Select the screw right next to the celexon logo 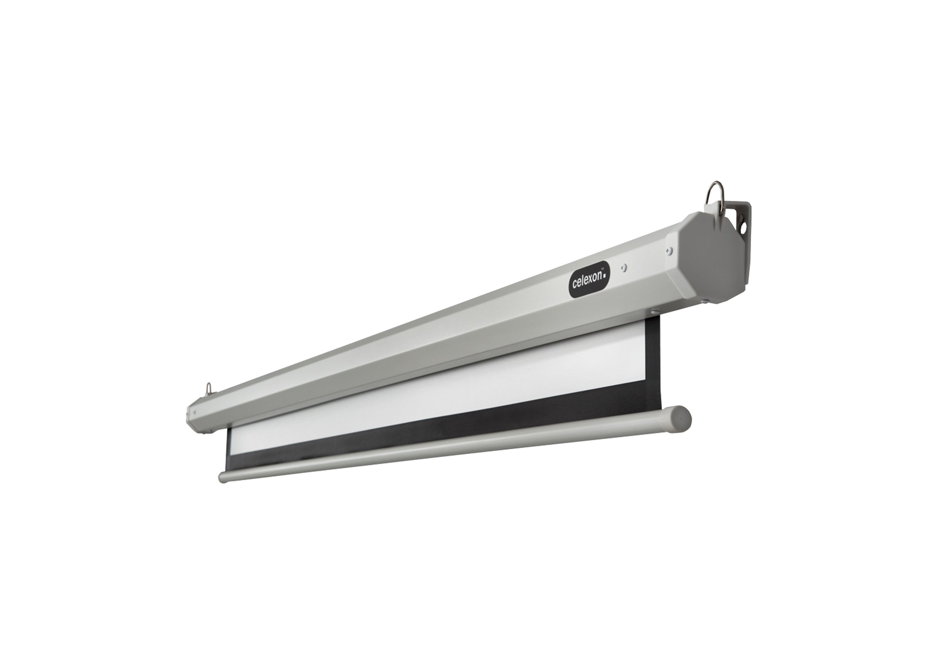pyautogui.click(x=623, y=268)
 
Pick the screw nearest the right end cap pyautogui.click(x=668, y=250)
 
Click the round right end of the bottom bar pyautogui.click(x=681, y=419)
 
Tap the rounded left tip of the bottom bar pyautogui.click(x=223, y=478)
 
